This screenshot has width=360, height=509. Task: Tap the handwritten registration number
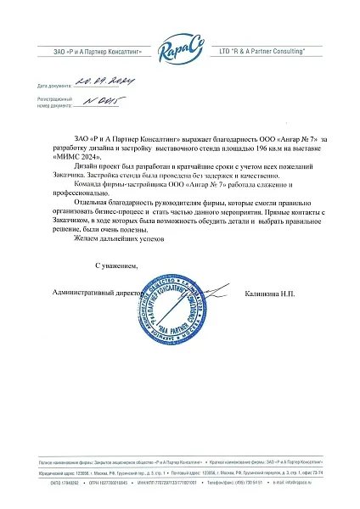(118, 103)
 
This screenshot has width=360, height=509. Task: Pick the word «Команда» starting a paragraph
(93, 184)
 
